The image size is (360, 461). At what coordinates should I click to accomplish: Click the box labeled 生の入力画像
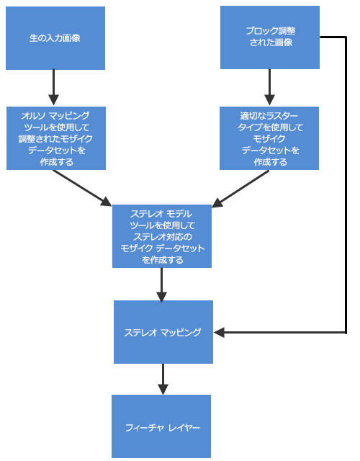coord(55,38)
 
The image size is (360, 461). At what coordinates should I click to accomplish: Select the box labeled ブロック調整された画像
coord(269,37)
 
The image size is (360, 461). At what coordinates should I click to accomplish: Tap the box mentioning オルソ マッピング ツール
coord(56,138)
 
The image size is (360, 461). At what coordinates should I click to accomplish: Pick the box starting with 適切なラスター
coord(269,138)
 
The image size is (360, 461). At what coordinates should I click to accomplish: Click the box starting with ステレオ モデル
coord(162,237)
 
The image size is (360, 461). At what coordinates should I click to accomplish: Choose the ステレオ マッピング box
coord(163,332)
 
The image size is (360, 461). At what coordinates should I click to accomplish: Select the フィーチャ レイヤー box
coord(161,426)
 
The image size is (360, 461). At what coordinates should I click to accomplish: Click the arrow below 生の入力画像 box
coord(53,88)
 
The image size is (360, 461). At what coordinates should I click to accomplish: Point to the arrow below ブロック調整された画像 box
coord(269,88)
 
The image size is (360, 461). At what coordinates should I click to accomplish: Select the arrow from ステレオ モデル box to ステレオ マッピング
coord(162,285)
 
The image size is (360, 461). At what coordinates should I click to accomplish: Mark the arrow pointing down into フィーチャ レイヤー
coord(163,379)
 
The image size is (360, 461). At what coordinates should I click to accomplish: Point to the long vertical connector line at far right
coord(346,187)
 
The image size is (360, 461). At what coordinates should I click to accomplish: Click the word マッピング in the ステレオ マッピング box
coord(181,333)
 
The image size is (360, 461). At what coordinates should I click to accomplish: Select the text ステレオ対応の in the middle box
coord(162,236)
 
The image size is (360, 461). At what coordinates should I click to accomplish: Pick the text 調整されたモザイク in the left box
coord(56,138)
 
